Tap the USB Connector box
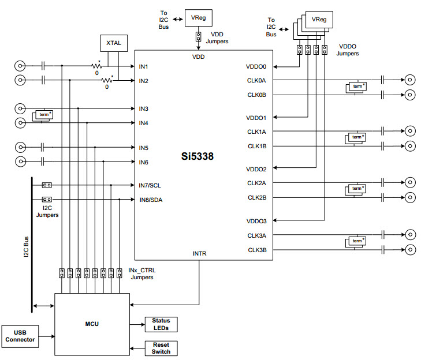pyautogui.click(x=21, y=335)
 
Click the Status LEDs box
pyautogui.click(x=161, y=324)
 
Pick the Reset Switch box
pyautogui.click(x=161, y=348)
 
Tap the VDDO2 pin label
pyautogui.click(x=256, y=169)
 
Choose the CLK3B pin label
pyautogui.click(x=256, y=250)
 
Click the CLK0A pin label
pyautogui.click(x=256, y=80)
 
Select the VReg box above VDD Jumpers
pyautogui.click(x=198, y=17)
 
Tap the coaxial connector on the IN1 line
pyautogui.click(x=21, y=66)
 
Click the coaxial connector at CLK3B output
pyautogui.click(x=409, y=250)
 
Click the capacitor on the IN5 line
pyautogui.click(x=44, y=147)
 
